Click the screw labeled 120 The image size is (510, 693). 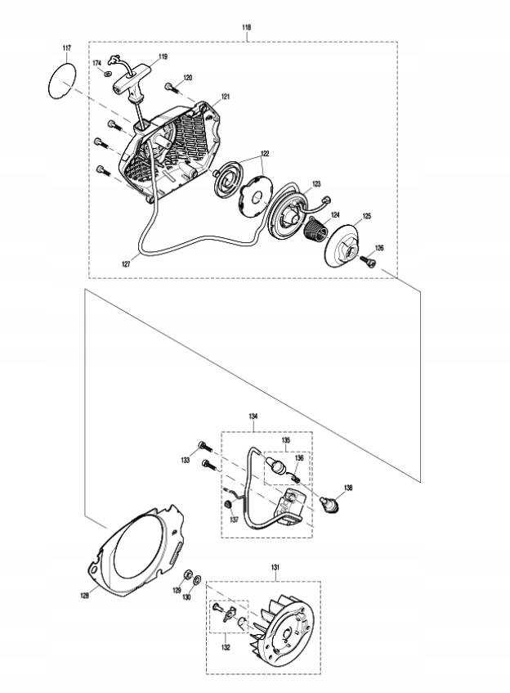coord(169,85)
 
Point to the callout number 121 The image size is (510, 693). coord(225,97)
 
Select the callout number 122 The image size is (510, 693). coord(265,154)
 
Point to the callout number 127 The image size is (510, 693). coord(126,263)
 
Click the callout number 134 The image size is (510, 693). coord(253,416)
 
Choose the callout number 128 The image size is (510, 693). coord(84,595)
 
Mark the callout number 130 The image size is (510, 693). coord(188,597)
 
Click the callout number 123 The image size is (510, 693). coord(315,184)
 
